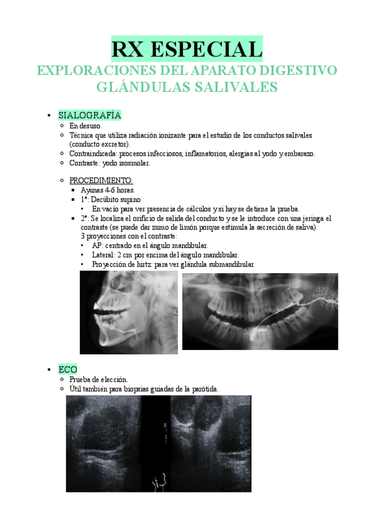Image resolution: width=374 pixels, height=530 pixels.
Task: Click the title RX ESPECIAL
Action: tap(187, 49)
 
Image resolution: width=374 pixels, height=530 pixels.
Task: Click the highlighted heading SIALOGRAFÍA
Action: tap(89, 116)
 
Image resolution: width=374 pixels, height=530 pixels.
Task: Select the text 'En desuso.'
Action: tap(86, 126)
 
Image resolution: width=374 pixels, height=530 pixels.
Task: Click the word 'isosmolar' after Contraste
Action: tap(134, 163)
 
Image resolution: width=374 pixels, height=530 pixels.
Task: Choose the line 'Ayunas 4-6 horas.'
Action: tap(107, 190)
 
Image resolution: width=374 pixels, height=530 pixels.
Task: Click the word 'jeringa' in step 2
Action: tap(312, 218)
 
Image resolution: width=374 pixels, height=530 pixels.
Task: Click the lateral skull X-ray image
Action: tap(129, 314)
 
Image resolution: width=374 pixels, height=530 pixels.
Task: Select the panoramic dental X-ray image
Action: tap(260, 311)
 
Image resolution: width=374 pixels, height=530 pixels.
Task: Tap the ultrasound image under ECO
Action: tap(159, 442)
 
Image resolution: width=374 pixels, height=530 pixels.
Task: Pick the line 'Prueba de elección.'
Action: tap(99, 379)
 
